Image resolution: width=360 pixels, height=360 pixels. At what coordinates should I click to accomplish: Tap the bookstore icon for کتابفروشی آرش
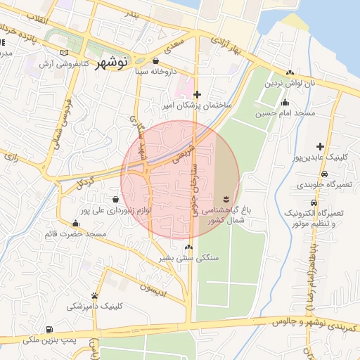pyautogui.click(x=65, y=53)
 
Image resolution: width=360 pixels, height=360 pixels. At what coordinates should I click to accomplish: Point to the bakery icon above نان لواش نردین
pyautogui.click(x=290, y=72)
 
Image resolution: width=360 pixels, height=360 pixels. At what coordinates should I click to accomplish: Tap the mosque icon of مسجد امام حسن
pyautogui.click(x=285, y=103)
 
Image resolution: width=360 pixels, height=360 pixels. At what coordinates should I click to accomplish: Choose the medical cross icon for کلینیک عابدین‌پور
pyautogui.click(x=320, y=146)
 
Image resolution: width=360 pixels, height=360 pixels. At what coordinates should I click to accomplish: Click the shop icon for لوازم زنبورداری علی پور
pyautogui.click(x=115, y=199)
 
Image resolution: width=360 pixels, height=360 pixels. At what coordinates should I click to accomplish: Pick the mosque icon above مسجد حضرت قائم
pyautogui.click(x=75, y=224)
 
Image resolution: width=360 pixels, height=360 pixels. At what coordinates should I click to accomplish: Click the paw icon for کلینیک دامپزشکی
pyautogui.click(x=94, y=295)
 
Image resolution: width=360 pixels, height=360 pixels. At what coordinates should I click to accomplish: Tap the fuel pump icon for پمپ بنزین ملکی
pyautogui.click(x=49, y=329)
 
